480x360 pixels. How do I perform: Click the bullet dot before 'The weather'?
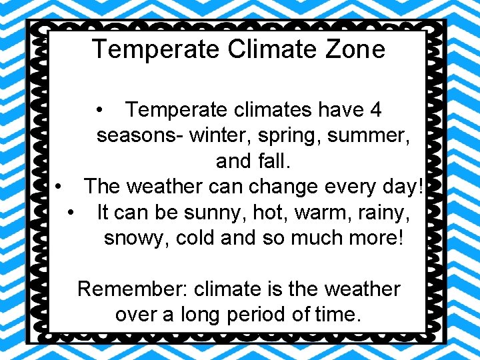pyautogui.click(x=60, y=187)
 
